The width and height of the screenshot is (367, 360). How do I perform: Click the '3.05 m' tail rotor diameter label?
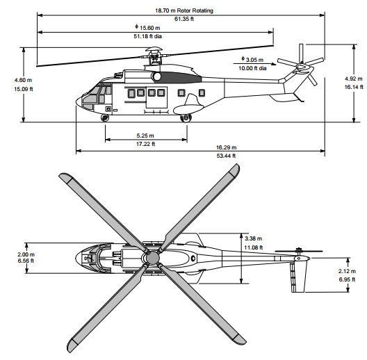click(x=253, y=60)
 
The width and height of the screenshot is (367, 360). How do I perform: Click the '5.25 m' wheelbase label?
click(x=144, y=136)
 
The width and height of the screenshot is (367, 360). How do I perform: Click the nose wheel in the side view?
click(x=106, y=118)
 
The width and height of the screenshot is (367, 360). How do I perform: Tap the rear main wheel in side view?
click(x=186, y=118)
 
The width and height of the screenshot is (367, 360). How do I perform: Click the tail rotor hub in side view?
click(x=301, y=67)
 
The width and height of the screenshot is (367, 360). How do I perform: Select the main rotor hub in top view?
click(x=152, y=259)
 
